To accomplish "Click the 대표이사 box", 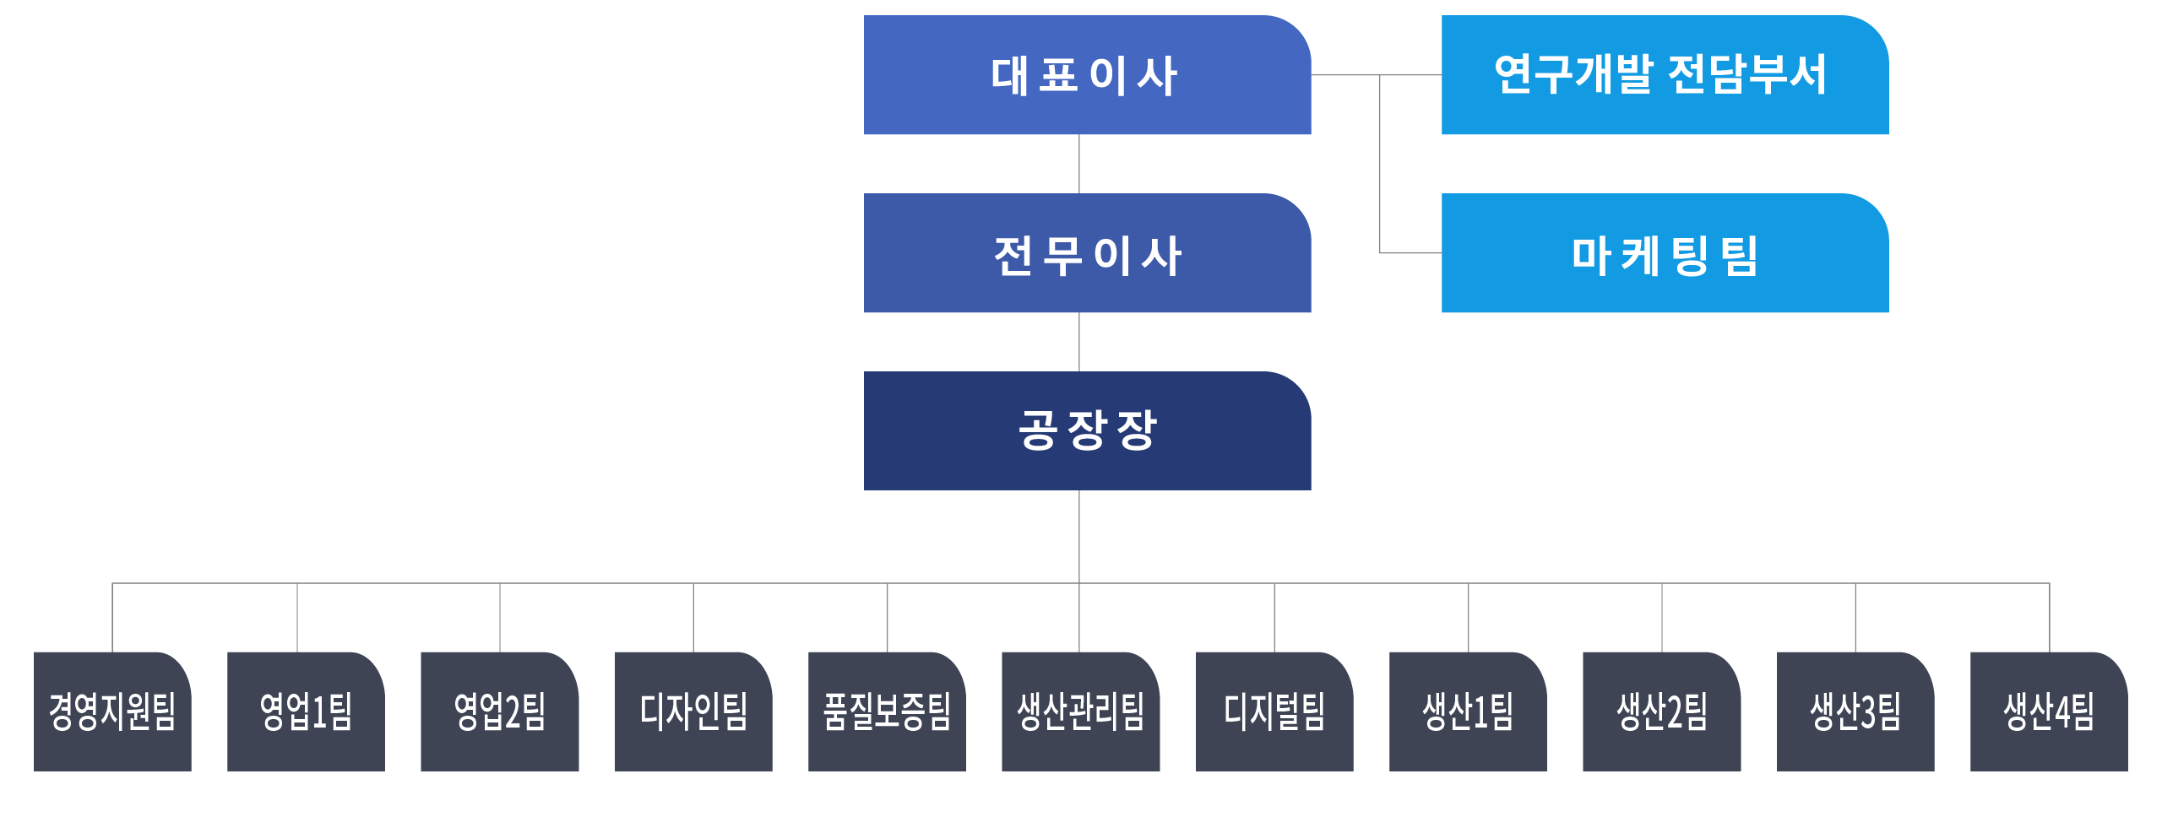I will click(1087, 75).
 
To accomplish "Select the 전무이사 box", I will click(1087, 253).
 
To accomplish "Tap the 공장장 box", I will click(1087, 430).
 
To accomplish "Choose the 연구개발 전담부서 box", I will click(1665, 75).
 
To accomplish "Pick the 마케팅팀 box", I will click(1665, 253).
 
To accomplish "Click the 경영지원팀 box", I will click(112, 711).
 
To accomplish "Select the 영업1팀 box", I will click(306, 711).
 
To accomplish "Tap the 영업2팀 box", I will click(500, 711).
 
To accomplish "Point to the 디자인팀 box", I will click(693, 711).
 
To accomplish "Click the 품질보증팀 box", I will click(887, 711).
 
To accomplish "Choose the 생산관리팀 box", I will click(1080, 711).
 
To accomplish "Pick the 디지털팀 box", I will click(1274, 711).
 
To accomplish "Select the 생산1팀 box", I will click(1468, 711).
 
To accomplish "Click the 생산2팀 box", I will click(1661, 711).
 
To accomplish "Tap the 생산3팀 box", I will click(1855, 711).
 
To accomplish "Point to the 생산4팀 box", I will click(2049, 711).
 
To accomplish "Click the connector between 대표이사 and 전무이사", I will click(1079, 164).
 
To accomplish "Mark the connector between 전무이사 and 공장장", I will click(1079, 342).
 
